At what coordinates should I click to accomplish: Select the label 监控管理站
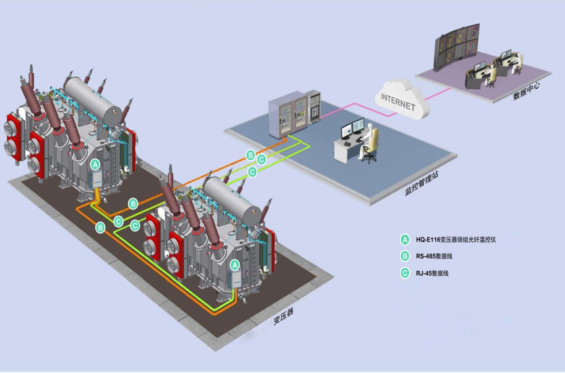point(422,184)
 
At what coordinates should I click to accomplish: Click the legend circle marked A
point(405,240)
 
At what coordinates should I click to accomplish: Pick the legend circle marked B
point(405,256)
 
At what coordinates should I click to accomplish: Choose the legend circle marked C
point(405,273)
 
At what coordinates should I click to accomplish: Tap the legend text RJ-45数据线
point(432,273)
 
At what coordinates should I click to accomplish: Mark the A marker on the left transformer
point(95,163)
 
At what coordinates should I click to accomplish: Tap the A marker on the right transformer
point(235,264)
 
